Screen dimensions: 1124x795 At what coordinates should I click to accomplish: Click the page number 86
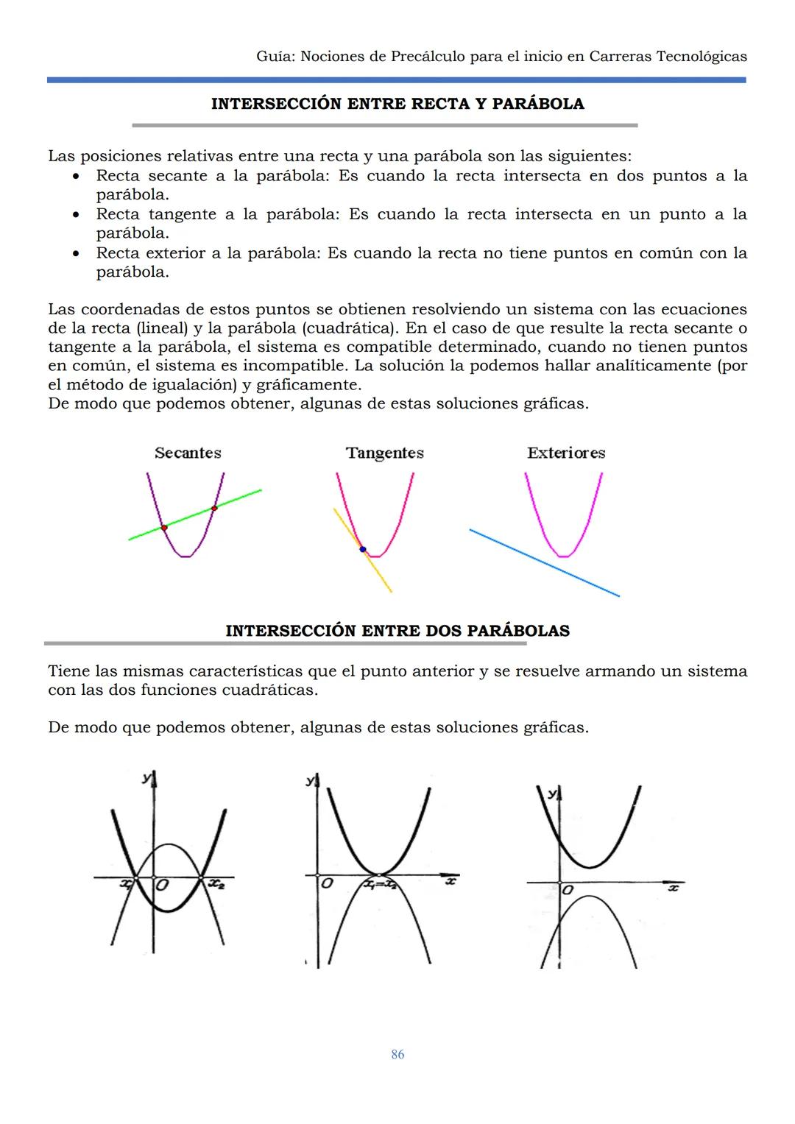point(397,1054)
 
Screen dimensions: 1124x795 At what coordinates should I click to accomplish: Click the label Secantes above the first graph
point(188,453)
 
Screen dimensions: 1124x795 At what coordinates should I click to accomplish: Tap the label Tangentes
point(385,453)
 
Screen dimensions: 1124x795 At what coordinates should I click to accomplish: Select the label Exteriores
point(566,453)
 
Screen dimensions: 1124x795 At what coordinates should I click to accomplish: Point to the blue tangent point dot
point(362,549)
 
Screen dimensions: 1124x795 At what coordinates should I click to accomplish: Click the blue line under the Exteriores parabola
point(545,563)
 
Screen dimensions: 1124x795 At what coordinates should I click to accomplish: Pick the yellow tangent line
point(379,574)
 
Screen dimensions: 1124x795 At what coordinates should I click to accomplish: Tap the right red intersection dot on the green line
point(214,508)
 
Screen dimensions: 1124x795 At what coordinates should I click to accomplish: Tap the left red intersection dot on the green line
point(164,528)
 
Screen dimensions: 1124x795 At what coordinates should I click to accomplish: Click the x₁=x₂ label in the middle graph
point(381,886)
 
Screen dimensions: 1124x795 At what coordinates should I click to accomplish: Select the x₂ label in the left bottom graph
point(216,884)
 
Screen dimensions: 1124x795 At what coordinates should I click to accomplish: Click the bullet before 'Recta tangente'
point(76,215)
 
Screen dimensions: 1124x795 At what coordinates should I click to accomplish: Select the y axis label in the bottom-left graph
point(146,778)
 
